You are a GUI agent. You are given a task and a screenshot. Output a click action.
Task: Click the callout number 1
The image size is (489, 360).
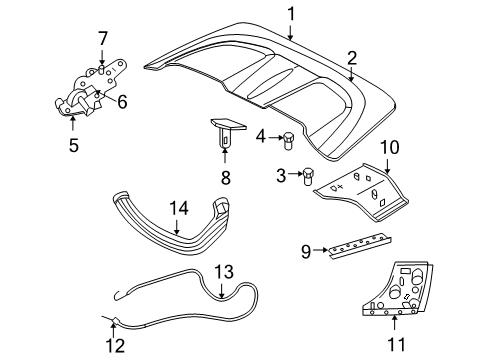pos(291,13)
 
